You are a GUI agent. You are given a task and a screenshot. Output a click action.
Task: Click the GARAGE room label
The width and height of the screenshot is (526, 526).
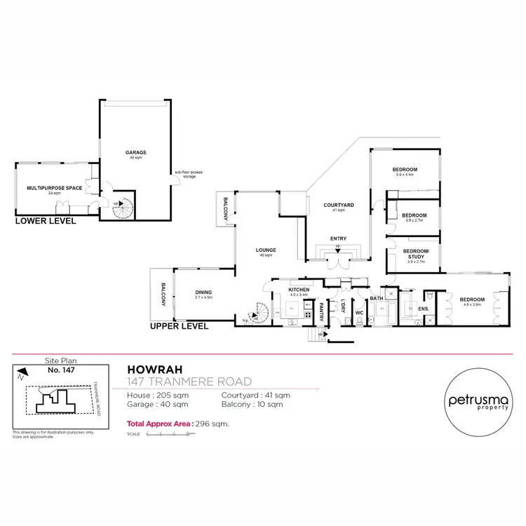(x=135, y=151)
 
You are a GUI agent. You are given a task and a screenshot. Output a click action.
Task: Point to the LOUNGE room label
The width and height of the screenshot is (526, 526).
(x=266, y=250)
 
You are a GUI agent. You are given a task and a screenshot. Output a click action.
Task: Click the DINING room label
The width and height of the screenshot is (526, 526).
(x=204, y=292)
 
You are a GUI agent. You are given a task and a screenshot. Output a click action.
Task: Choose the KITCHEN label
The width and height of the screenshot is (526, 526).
(x=299, y=289)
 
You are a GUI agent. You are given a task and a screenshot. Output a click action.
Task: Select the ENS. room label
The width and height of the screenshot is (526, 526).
(x=423, y=308)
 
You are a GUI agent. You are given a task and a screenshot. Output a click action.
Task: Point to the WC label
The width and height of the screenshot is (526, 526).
(x=358, y=313)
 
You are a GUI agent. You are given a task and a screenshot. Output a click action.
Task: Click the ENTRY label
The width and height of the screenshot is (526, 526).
(x=338, y=238)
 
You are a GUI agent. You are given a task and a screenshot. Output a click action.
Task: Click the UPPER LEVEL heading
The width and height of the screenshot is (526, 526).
(x=180, y=326)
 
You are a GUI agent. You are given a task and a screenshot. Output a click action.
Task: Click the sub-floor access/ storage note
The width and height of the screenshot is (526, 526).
(x=186, y=175)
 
